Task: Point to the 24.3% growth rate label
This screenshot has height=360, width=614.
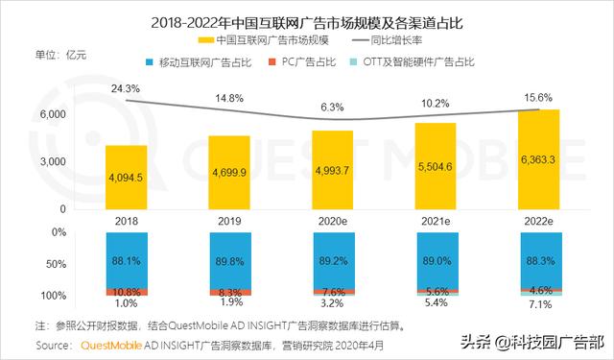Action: coord(127,88)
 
